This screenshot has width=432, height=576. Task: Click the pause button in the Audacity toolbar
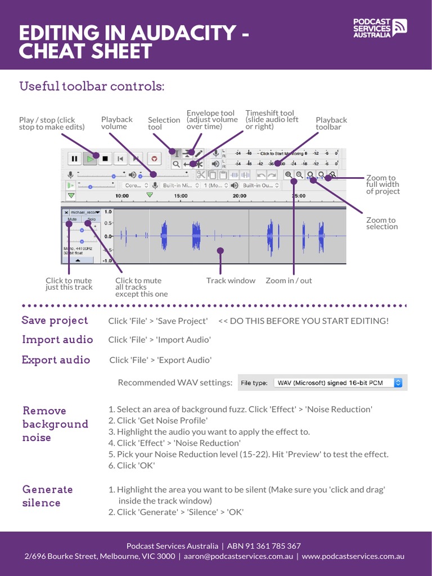coord(74,159)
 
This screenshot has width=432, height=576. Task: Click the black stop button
coord(105,159)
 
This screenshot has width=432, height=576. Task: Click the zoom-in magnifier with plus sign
coord(289,175)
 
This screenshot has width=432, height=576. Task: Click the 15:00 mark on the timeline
coord(181,196)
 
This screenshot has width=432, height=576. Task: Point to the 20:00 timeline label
coord(239,196)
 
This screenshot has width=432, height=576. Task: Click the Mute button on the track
coord(72,218)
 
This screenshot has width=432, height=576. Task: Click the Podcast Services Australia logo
coord(380,28)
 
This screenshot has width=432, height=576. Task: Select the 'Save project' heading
coord(55,321)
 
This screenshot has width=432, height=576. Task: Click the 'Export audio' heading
coord(56,360)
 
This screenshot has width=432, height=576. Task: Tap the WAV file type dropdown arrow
coord(398,382)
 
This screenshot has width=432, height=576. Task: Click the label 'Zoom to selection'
coord(381,223)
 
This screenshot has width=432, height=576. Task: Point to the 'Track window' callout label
coord(231,281)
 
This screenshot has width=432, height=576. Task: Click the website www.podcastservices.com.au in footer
coord(353,556)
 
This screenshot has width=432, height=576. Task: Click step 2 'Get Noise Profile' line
coord(158,421)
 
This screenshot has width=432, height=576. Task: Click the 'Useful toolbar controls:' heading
coord(92,87)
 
